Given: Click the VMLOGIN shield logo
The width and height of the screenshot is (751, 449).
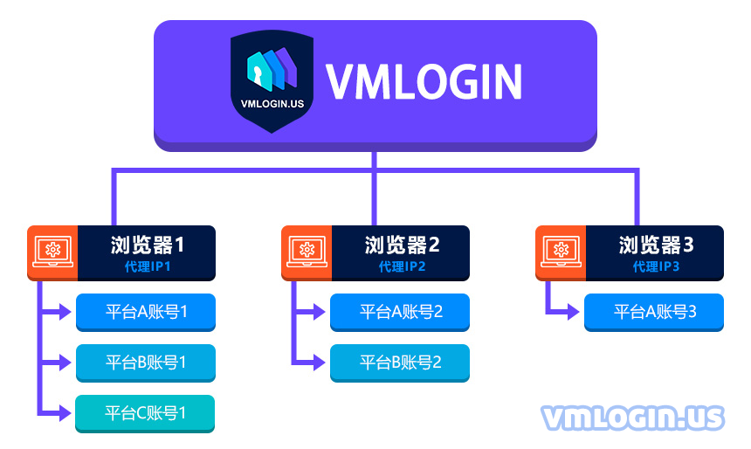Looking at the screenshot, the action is (x=272, y=81).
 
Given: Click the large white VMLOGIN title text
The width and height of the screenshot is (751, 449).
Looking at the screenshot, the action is (x=424, y=82).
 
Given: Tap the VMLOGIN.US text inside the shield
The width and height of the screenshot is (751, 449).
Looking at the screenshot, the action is (x=272, y=104).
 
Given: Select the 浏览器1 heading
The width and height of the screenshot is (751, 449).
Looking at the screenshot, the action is (x=147, y=245).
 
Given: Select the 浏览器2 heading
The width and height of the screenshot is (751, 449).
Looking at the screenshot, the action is (x=402, y=245).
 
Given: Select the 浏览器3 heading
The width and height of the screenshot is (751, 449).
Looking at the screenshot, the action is (x=656, y=245).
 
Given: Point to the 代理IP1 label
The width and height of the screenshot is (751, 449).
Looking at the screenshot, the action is (x=148, y=266).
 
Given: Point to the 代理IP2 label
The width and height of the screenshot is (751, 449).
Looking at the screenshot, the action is (x=402, y=266).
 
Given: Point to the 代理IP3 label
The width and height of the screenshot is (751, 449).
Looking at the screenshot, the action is (x=656, y=266).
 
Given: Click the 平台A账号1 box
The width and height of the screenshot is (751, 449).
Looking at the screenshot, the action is (x=146, y=312).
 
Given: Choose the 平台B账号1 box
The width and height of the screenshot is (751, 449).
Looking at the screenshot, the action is (x=146, y=363).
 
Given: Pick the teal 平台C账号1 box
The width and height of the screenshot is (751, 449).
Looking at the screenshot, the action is (x=145, y=413).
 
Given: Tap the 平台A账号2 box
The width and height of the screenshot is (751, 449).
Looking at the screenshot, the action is (x=400, y=312).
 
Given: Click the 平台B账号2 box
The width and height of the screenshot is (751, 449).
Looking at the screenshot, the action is (x=400, y=363).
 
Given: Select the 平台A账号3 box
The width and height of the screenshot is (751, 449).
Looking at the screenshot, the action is (x=654, y=312).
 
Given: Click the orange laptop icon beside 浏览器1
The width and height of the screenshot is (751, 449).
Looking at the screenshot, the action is (x=52, y=252).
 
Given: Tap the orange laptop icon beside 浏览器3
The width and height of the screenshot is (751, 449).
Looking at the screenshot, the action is (x=561, y=252).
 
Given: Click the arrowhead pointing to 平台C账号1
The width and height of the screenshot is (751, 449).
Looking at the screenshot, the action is (x=65, y=412).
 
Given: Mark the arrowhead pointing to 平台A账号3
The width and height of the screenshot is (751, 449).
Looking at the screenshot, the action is (x=574, y=312).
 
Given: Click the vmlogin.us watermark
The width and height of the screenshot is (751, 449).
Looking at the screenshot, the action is (x=633, y=418).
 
